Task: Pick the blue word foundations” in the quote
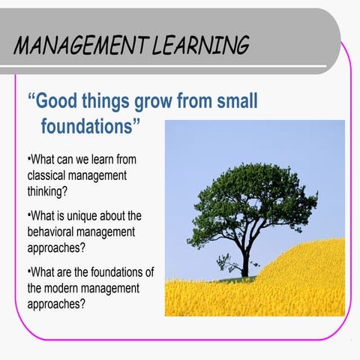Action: coord(90,125)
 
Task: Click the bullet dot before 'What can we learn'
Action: coord(28,160)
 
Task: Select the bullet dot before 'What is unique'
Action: coord(28,217)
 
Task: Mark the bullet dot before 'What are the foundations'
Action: coord(28,273)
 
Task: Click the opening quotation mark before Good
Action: coord(31,95)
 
